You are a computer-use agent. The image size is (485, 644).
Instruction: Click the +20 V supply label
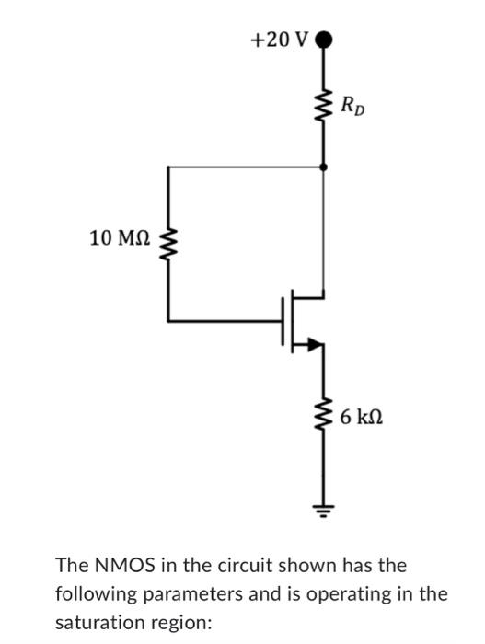[x=280, y=40]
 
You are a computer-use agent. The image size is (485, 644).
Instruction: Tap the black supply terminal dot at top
[x=323, y=40]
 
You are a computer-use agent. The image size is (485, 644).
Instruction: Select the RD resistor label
[x=351, y=105]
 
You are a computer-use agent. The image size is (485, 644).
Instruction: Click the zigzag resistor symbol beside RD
[x=323, y=106]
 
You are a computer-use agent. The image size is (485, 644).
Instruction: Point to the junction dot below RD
[x=323, y=167]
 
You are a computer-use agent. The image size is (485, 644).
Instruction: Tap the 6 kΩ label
[x=360, y=418]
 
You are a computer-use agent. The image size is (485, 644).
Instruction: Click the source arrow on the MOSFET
[x=315, y=345]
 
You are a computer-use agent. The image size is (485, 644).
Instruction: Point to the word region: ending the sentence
[x=183, y=622]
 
